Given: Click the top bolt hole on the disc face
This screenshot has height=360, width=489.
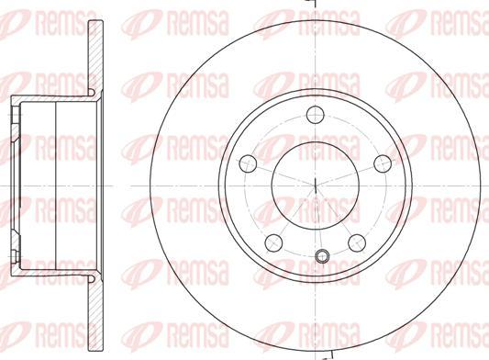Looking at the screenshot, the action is coord(316,115).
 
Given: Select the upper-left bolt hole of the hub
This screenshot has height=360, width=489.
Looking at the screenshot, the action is coord(248,163).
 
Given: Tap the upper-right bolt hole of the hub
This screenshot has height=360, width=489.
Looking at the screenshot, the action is coord(383,163).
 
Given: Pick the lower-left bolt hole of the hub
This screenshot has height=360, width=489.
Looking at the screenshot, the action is coord(273,242).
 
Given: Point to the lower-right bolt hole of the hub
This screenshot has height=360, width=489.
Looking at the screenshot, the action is coord(357,242).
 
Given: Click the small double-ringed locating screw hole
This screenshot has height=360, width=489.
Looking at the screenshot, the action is coord(322,256).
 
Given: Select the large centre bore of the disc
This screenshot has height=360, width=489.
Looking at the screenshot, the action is coord(316,186).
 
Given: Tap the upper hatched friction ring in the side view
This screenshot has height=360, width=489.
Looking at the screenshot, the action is coord(95,56).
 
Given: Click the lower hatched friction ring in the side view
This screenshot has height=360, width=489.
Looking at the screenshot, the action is coord(95,315).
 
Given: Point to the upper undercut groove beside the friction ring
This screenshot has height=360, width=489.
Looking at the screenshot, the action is coord(91,93).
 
